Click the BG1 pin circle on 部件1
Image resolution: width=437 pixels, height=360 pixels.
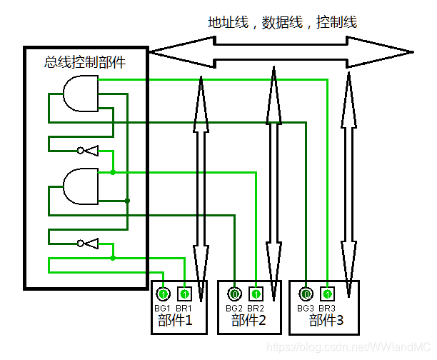click(163, 294)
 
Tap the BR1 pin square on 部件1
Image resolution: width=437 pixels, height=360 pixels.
click(184, 294)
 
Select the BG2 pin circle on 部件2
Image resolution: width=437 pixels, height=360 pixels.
click(234, 294)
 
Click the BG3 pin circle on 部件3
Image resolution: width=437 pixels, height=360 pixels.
click(306, 294)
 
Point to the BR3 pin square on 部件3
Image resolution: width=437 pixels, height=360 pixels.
click(327, 294)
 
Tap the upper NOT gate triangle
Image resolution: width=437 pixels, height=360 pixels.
click(91, 150)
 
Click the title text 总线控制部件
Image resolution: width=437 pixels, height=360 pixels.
click(85, 62)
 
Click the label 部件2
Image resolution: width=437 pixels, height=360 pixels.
click(248, 321)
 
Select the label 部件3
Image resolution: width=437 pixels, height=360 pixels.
click(326, 321)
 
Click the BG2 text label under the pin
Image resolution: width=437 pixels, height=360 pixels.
click(234, 308)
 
